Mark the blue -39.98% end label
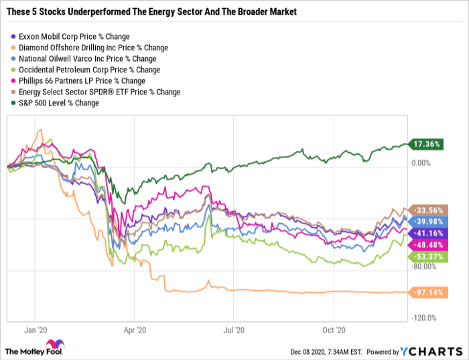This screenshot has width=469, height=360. (x=430, y=221)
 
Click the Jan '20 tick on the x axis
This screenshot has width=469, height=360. (x=36, y=330)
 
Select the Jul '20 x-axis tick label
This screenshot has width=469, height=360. (x=232, y=330)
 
